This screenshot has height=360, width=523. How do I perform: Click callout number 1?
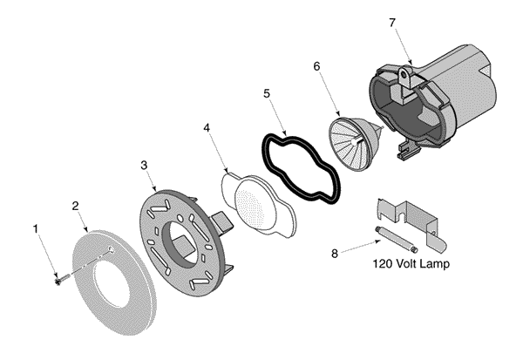(x=36, y=229)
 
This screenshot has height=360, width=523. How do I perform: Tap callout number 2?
(x=76, y=206)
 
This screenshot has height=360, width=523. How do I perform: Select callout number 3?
(x=144, y=164)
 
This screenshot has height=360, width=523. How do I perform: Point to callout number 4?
(x=207, y=129)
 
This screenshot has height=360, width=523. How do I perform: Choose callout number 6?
(x=316, y=65)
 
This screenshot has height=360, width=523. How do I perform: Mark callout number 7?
(x=391, y=21)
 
